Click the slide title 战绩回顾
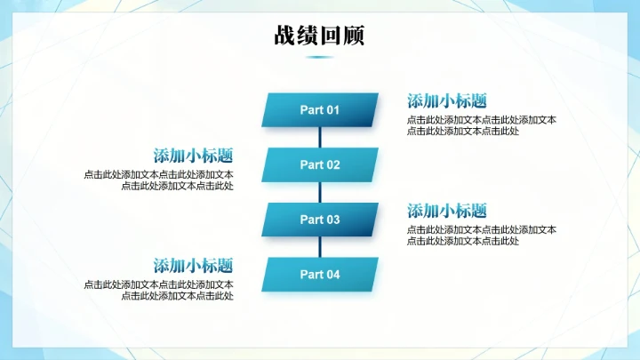pyautogui.click(x=319, y=36)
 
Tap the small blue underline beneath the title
pyautogui.click(x=319, y=57)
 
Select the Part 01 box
pyautogui.click(x=320, y=110)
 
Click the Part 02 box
pyautogui.click(x=320, y=164)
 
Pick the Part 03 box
pyautogui.click(x=320, y=220)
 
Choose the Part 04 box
pyautogui.click(x=320, y=275)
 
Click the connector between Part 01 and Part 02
pyautogui.click(x=320, y=138)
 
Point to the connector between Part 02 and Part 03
pyautogui.click(x=320, y=193)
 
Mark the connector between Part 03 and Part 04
pyautogui.click(x=320, y=247)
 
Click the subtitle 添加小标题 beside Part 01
pyautogui.click(x=447, y=101)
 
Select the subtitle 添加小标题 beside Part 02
pyautogui.click(x=193, y=156)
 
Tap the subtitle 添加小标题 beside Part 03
pyautogui.click(x=447, y=212)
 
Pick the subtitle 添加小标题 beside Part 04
pyautogui.click(x=193, y=266)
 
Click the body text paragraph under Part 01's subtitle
pyautogui.click(x=481, y=125)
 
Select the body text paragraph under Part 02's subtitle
pyautogui.click(x=160, y=180)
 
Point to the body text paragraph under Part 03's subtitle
pyautogui.click(x=481, y=236)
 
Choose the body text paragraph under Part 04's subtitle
pyautogui.click(x=160, y=291)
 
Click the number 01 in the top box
pyautogui.click(x=332, y=110)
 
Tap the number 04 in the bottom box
pyautogui.click(x=332, y=275)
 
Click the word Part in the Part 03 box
pyautogui.click(x=310, y=220)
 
